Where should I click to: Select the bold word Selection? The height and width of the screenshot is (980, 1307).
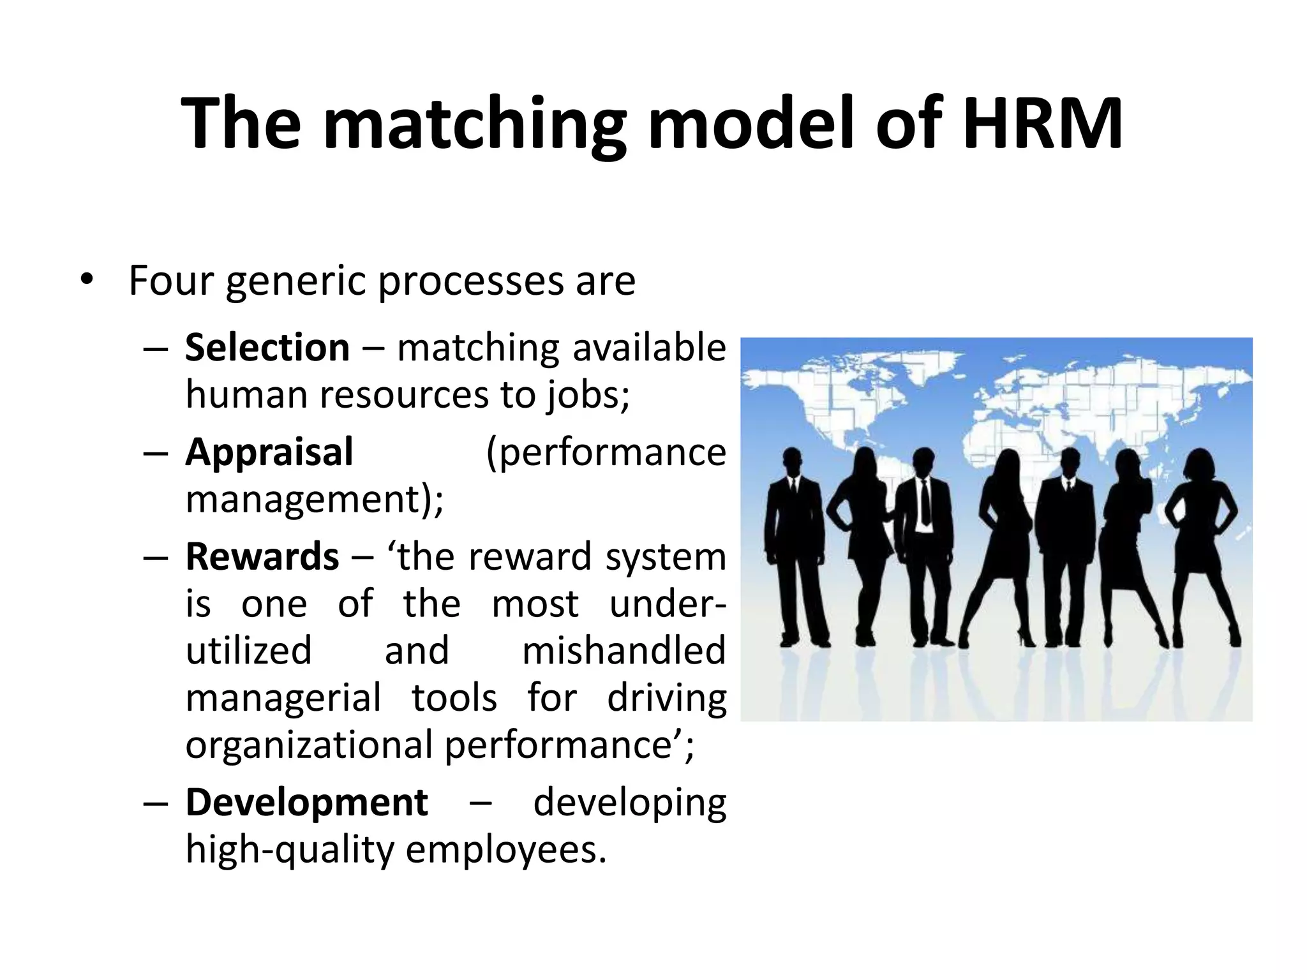pyautogui.click(x=267, y=348)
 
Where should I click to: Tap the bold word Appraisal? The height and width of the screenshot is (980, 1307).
pyautogui.click(x=269, y=452)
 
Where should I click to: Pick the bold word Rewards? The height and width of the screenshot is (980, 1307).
pyautogui.click(x=262, y=556)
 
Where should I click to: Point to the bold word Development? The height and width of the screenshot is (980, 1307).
pyautogui.click(x=306, y=802)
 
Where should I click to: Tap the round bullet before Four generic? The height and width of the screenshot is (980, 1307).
pyautogui.click(x=87, y=279)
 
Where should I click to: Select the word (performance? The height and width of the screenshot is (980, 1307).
pyautogui.click(x=606, y=453)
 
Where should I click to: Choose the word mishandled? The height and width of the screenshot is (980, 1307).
pyautogui.click(x=624, y=651)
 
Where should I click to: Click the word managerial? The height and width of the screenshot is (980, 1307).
pyautogui.click(x=283, y=698)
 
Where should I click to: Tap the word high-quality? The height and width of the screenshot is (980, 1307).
pyautogui.click(x=290, y=850)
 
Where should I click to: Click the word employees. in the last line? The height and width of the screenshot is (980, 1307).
pyautogui.click(x=505, y=850)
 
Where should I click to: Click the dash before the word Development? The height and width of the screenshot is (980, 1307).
pyautogui.click(x=156, y=803)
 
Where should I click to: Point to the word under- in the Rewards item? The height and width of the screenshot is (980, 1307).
pyautogui.click(x=668, y=604)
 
